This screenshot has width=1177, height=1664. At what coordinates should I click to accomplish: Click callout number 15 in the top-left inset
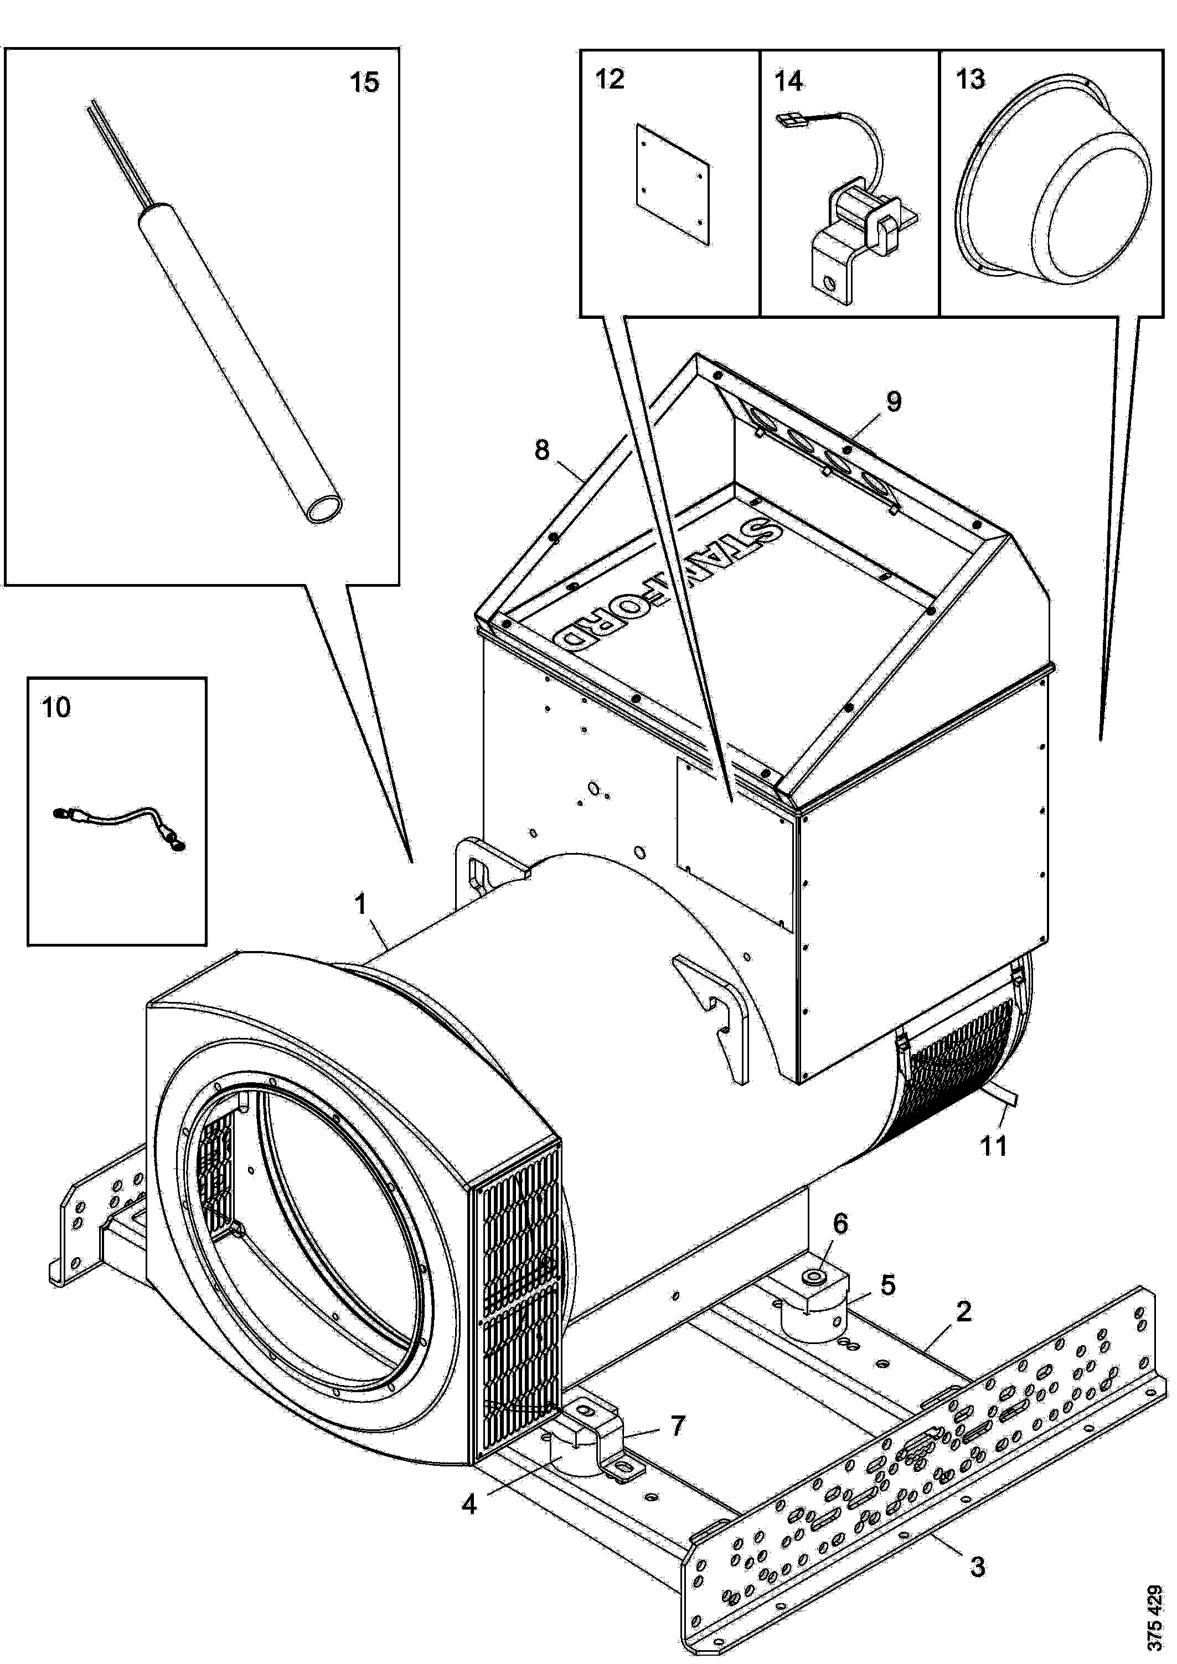[x=364, y=82]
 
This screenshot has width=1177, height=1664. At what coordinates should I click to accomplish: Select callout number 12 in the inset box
[x=610, y=79]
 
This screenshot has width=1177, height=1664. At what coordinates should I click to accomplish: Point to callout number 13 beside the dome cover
[x=970, y=79]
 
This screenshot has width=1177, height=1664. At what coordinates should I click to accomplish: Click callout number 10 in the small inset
[x=56, y=707]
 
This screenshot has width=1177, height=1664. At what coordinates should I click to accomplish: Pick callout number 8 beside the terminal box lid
[x=542, y=450]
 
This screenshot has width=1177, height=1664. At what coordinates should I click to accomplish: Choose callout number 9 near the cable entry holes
[x=894, y=401]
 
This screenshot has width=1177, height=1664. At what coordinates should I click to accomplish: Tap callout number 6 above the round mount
[x=839, y=1223]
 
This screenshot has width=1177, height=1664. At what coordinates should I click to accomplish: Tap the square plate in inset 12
[x=673, y=183]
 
